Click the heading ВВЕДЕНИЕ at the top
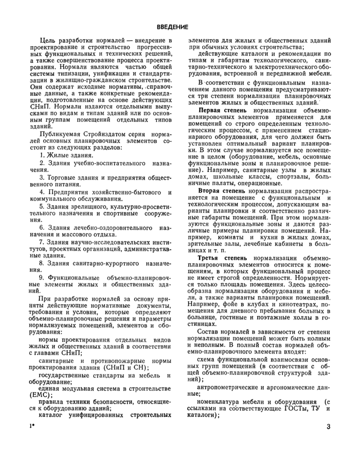pyautogui.click(x=172, y=27)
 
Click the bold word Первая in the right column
pyautogui.click(x=211, y=110)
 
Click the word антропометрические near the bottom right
pyautogui.click(x=230, y=386)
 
